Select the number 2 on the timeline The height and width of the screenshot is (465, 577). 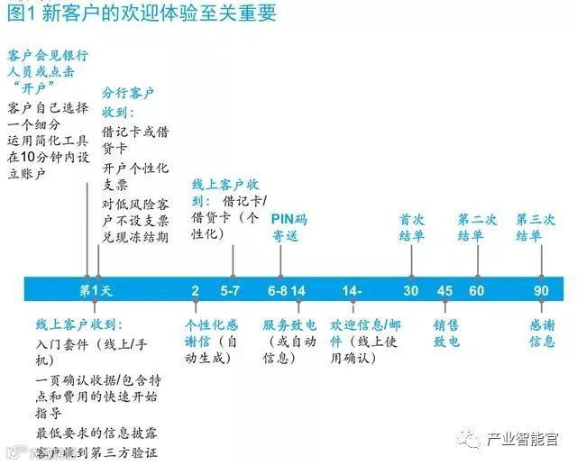196,290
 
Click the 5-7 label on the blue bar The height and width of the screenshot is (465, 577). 230,290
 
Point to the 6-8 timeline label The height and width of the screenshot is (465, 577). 277,290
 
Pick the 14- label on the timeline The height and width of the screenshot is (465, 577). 352,290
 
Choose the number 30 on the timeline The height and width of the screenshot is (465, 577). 411,290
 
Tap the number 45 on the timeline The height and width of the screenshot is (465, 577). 445,290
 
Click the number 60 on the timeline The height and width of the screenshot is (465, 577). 476,290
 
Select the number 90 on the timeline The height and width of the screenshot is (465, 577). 542,290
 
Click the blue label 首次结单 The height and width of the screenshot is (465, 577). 414,227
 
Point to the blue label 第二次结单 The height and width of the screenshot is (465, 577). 476,227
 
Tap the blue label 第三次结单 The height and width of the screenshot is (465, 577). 536,227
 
